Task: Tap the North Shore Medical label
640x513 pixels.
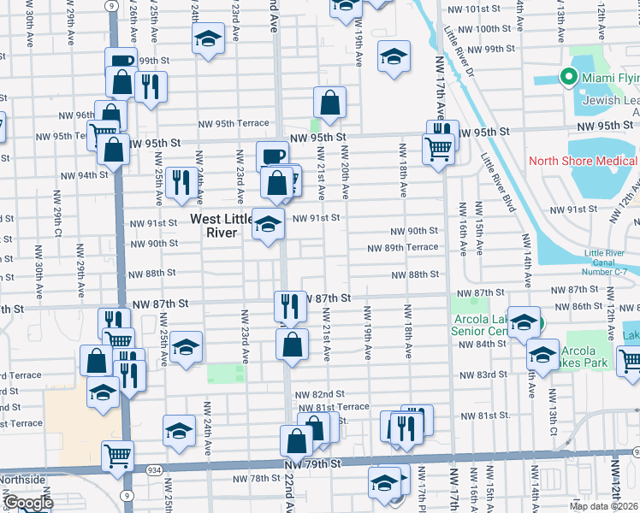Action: (582, 161)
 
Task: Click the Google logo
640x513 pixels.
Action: (27, 503)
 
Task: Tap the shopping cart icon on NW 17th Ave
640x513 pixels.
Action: (438, 149)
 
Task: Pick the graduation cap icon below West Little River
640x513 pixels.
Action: (269, 225)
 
